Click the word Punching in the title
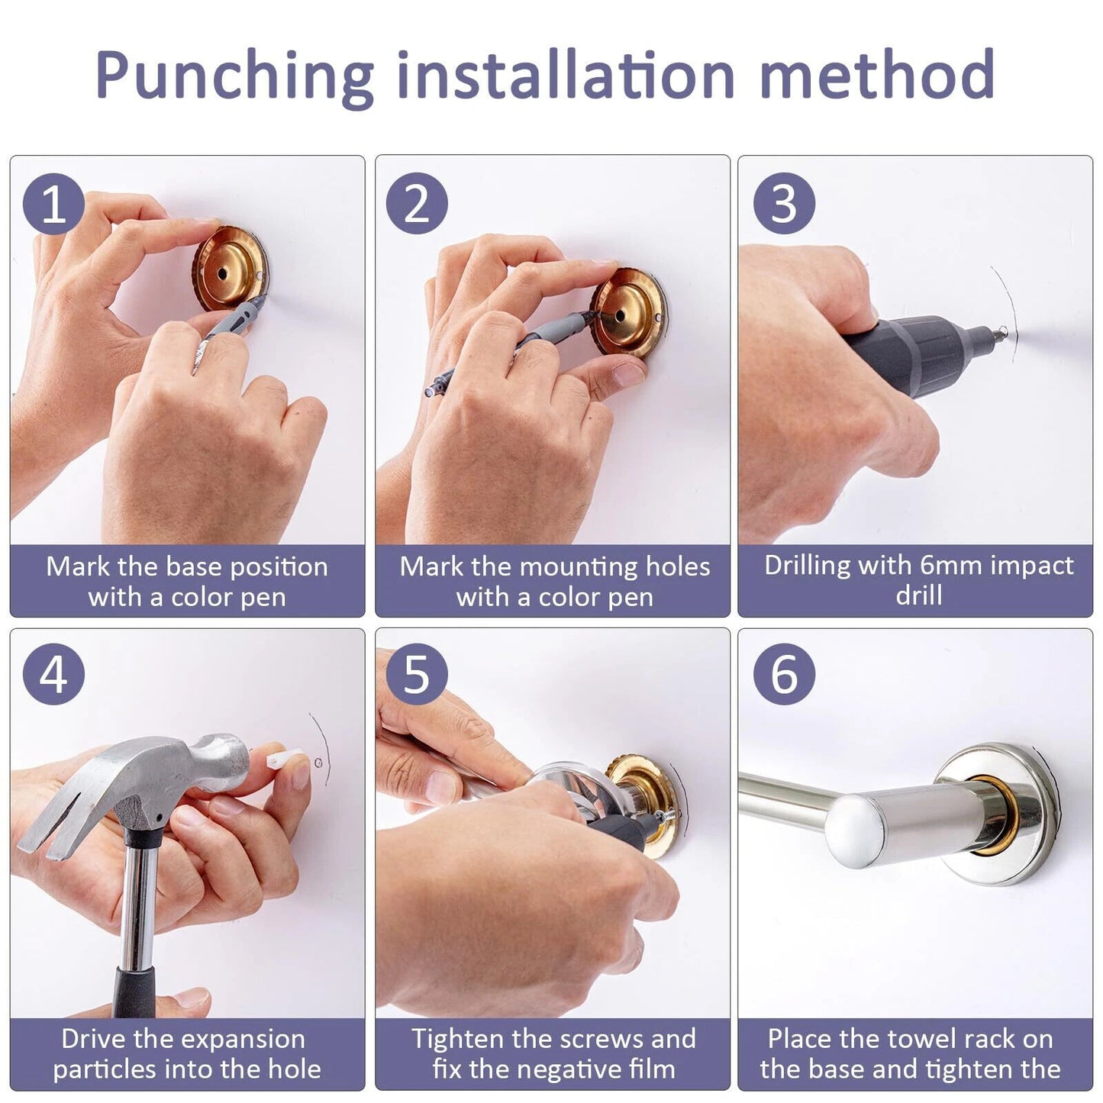click(234, 76)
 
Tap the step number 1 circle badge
click(53, 204)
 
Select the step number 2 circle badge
click(417, 204)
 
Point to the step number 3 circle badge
click(784, 204)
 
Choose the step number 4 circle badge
click(53, 675)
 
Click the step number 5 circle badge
click(417, 675)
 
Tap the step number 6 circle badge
click(784, 675)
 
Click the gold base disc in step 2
click(629, 312)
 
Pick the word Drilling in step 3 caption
click(807, 566)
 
